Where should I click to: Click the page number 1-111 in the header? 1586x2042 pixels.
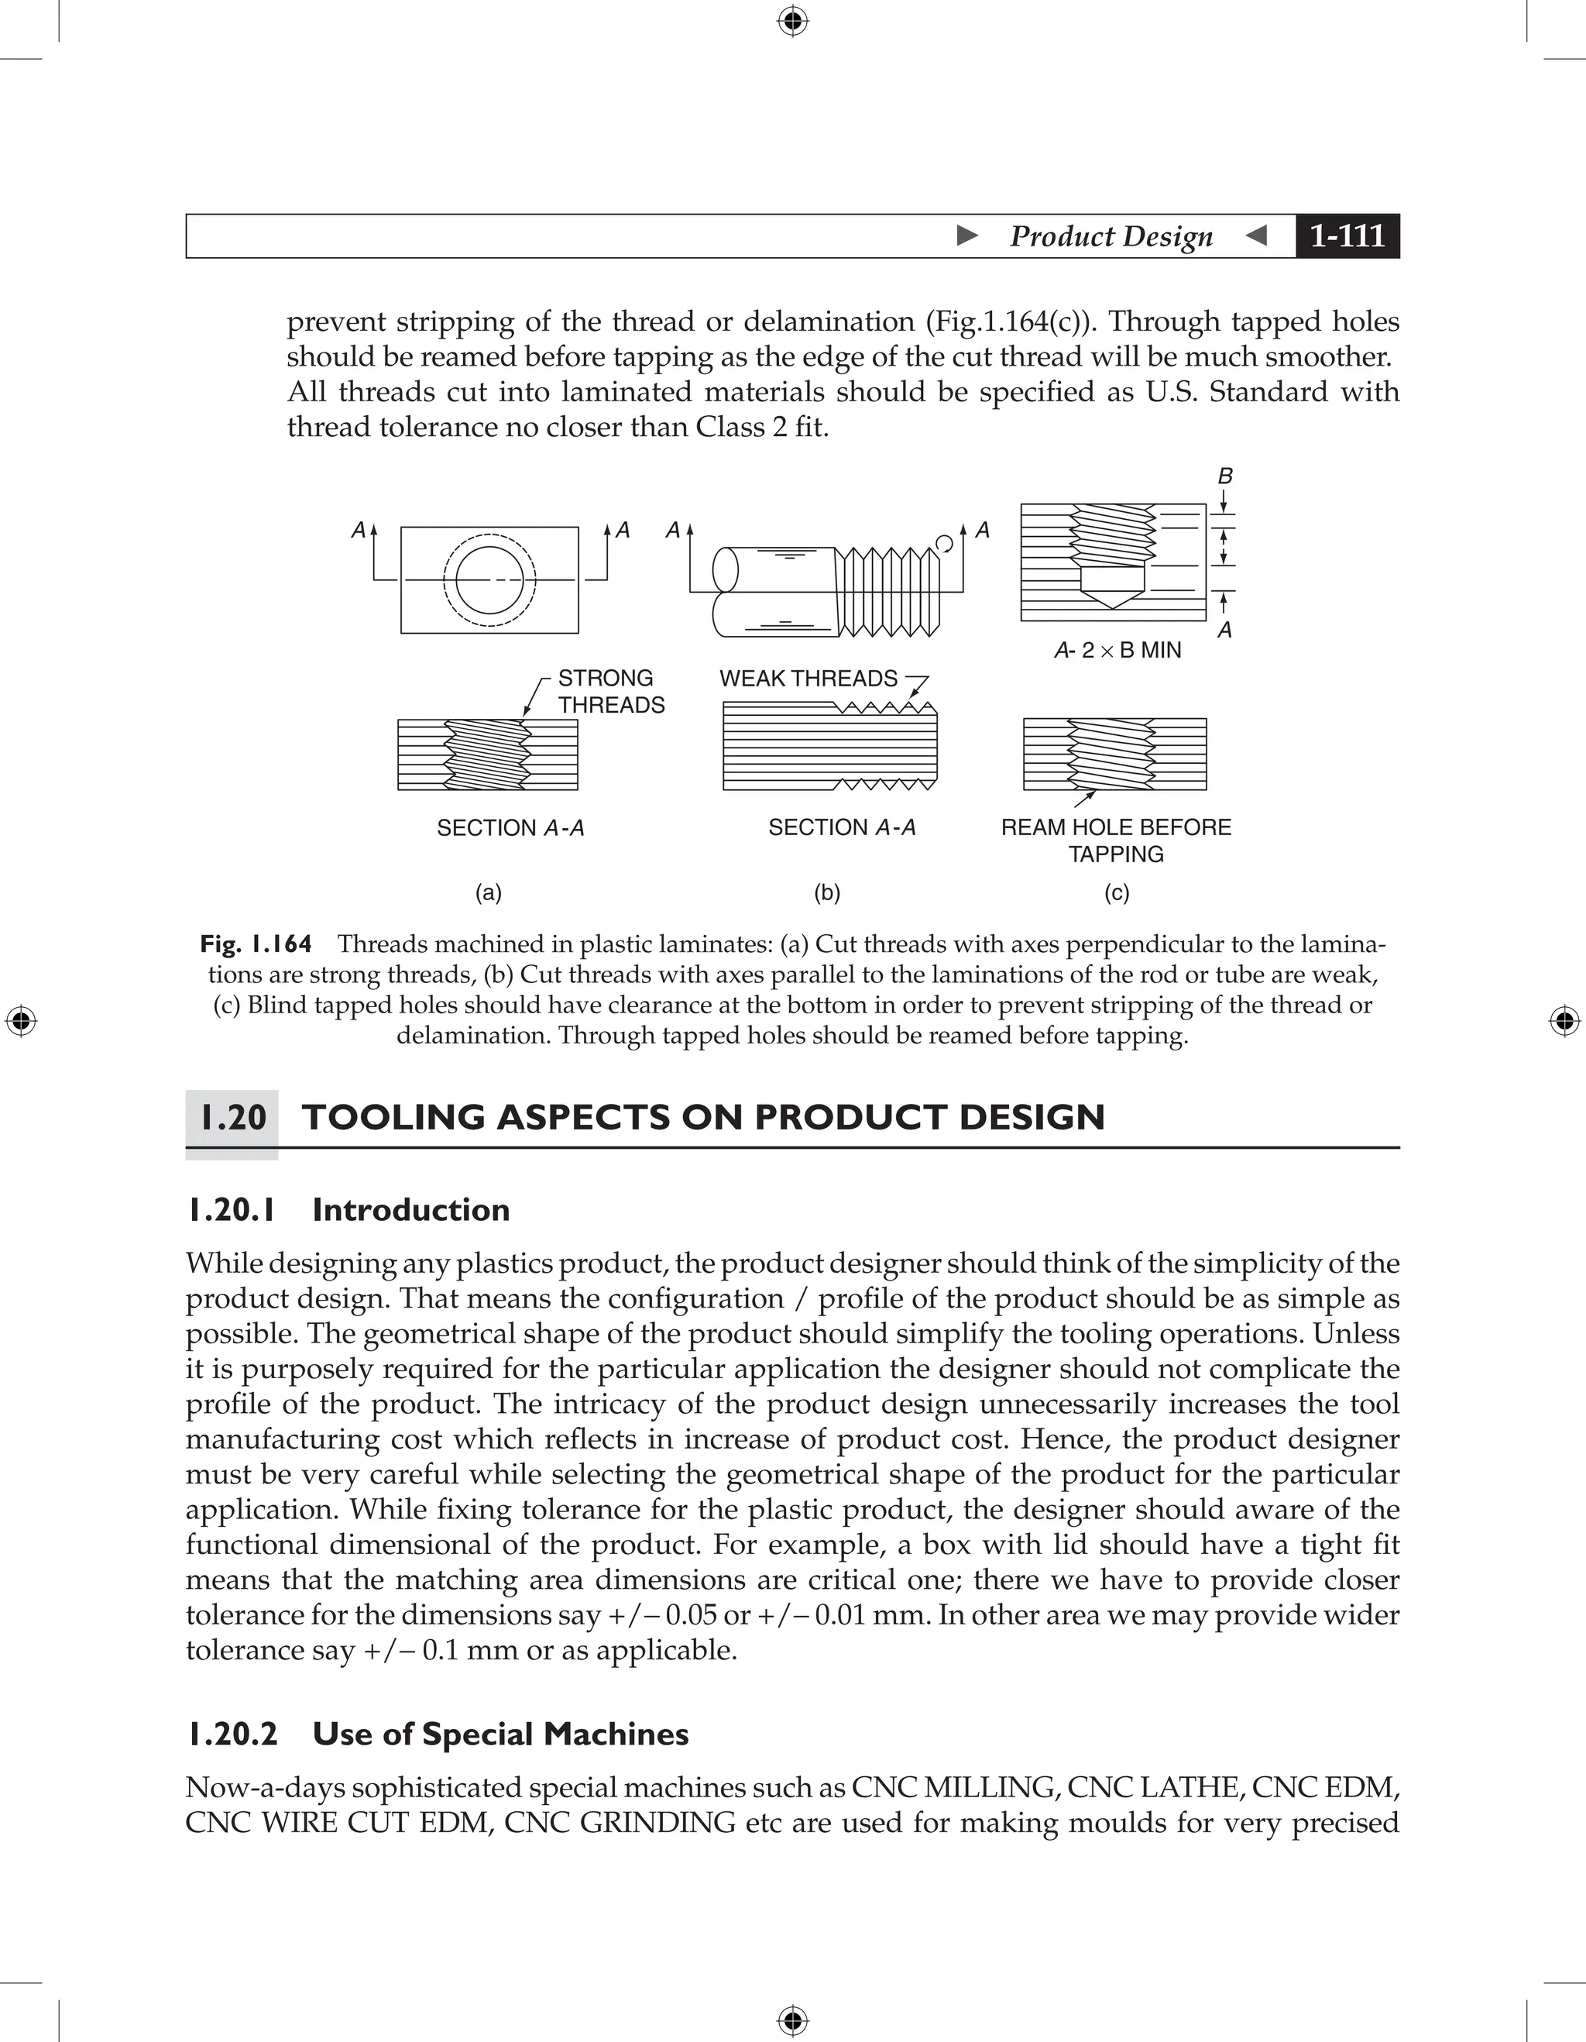(x=1346, y=235)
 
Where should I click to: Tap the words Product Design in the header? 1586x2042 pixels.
(x=1111, y=235)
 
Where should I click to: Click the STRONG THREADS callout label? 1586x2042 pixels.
(x=610, y=691)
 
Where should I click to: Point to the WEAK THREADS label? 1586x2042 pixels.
(x=808, y=678)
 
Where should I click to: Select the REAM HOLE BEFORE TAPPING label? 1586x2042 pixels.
(x=1116, y=840)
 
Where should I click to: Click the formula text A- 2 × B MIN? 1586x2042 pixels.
(x=1117, y=650)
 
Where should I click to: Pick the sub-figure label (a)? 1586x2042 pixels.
(x=488, y=893)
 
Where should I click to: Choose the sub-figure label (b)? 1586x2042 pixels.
(x=827, y=893)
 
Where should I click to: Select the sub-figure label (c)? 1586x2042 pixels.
(x=1117, y=893)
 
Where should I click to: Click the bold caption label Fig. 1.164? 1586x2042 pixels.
(x=255, y=944)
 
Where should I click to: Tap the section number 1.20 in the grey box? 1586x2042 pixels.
(x=233, y=1117)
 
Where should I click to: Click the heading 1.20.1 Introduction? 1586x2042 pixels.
(x=348, y=1210)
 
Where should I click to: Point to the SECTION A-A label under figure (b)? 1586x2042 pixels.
(x=841, y=827)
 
